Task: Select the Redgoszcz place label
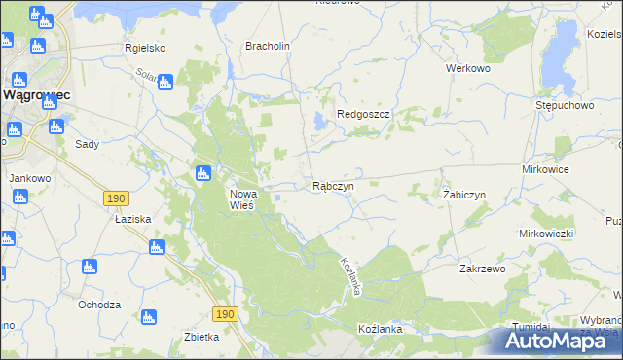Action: pyautogui.click(x=363, y=114)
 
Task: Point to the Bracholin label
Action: pyautogui.click(x=269, y=46)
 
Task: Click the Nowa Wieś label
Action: pyautogui.click(x=241, y=199)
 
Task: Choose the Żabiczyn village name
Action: pyautogui.click(x=463, y=195)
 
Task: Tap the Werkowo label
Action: pyautogui.click(x=466, y=69)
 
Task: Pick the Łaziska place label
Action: pyautogui.click(x=131, y=219)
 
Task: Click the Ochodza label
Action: pyautogui.click(x=99, y=305)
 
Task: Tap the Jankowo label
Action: pyautogui.click(x=29, y=178)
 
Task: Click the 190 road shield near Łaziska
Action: pyautogui.click(x=116, y=198)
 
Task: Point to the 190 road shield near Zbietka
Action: pyautogui.click(x=225, y=313)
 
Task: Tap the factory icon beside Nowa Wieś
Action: pyautogui.click(x=203, y=174)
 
